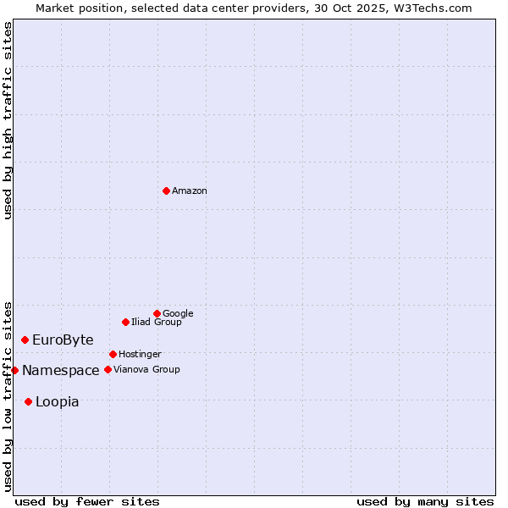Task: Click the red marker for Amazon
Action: pyautogui.click(x=166, y=190)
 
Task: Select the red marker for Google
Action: pyautogui.click(x=157, y=313)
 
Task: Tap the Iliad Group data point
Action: pyautogui.click(x=125, y=322)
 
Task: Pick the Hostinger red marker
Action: pyautogui.click(x=113, y=354)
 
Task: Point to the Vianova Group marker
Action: pyautogui.click(x=108, y=369)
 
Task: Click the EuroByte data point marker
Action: pyautogui.click(x=25, y=340)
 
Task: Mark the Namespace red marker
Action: pyautogui.click(x=14, y=370)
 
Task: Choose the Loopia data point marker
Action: pyautogui.click(x=28, y=401)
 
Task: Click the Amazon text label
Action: pyautogui.click(x=190, y=191)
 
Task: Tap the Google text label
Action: pyautogui.click(x=178, y=313)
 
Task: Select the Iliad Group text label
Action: pyautogui.click(x=157, y=322)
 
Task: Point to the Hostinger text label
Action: pyautogui.click(x=140, y=354)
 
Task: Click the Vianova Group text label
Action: pyautogui.click(x=146, y=369)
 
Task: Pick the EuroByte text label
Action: pyautogui.click(x=63, y=340)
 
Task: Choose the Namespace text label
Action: pyautogui.click(x=61, y=371)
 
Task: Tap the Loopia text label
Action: pyautogui.click(x=58, y=402)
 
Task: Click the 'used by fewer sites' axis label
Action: pyautogui.click(x=87, y=501)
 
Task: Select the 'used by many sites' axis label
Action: pyautogui.click(x=425, y=501)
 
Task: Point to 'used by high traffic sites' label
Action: pyautogui.click(x=8, y=120)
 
